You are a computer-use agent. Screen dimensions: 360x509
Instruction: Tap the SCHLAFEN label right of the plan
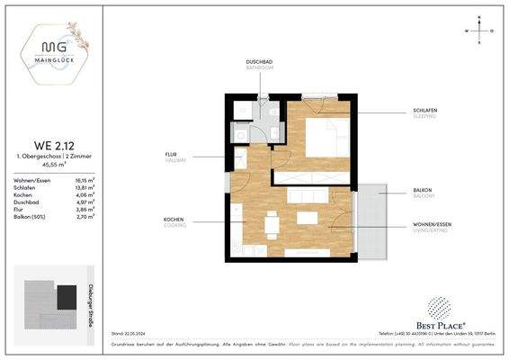(425, 111)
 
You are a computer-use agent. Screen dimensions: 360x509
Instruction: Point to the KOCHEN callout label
(174, 220)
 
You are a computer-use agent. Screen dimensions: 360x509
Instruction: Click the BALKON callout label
(423, 190)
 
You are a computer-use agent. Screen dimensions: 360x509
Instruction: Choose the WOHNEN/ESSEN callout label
(433, 226)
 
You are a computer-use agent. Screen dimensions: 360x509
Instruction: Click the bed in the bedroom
(323, 140)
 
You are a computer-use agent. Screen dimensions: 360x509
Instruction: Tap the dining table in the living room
(270, 221)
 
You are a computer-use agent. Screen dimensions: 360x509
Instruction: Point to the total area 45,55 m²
(55, 166)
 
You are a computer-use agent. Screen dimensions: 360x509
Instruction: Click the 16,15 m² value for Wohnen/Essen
(85, 181)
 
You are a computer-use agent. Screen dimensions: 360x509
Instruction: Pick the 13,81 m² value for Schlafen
(85, 187)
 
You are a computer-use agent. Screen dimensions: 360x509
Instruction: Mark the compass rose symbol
(482, 31)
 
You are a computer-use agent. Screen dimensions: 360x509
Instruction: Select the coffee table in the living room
(307, 218)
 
